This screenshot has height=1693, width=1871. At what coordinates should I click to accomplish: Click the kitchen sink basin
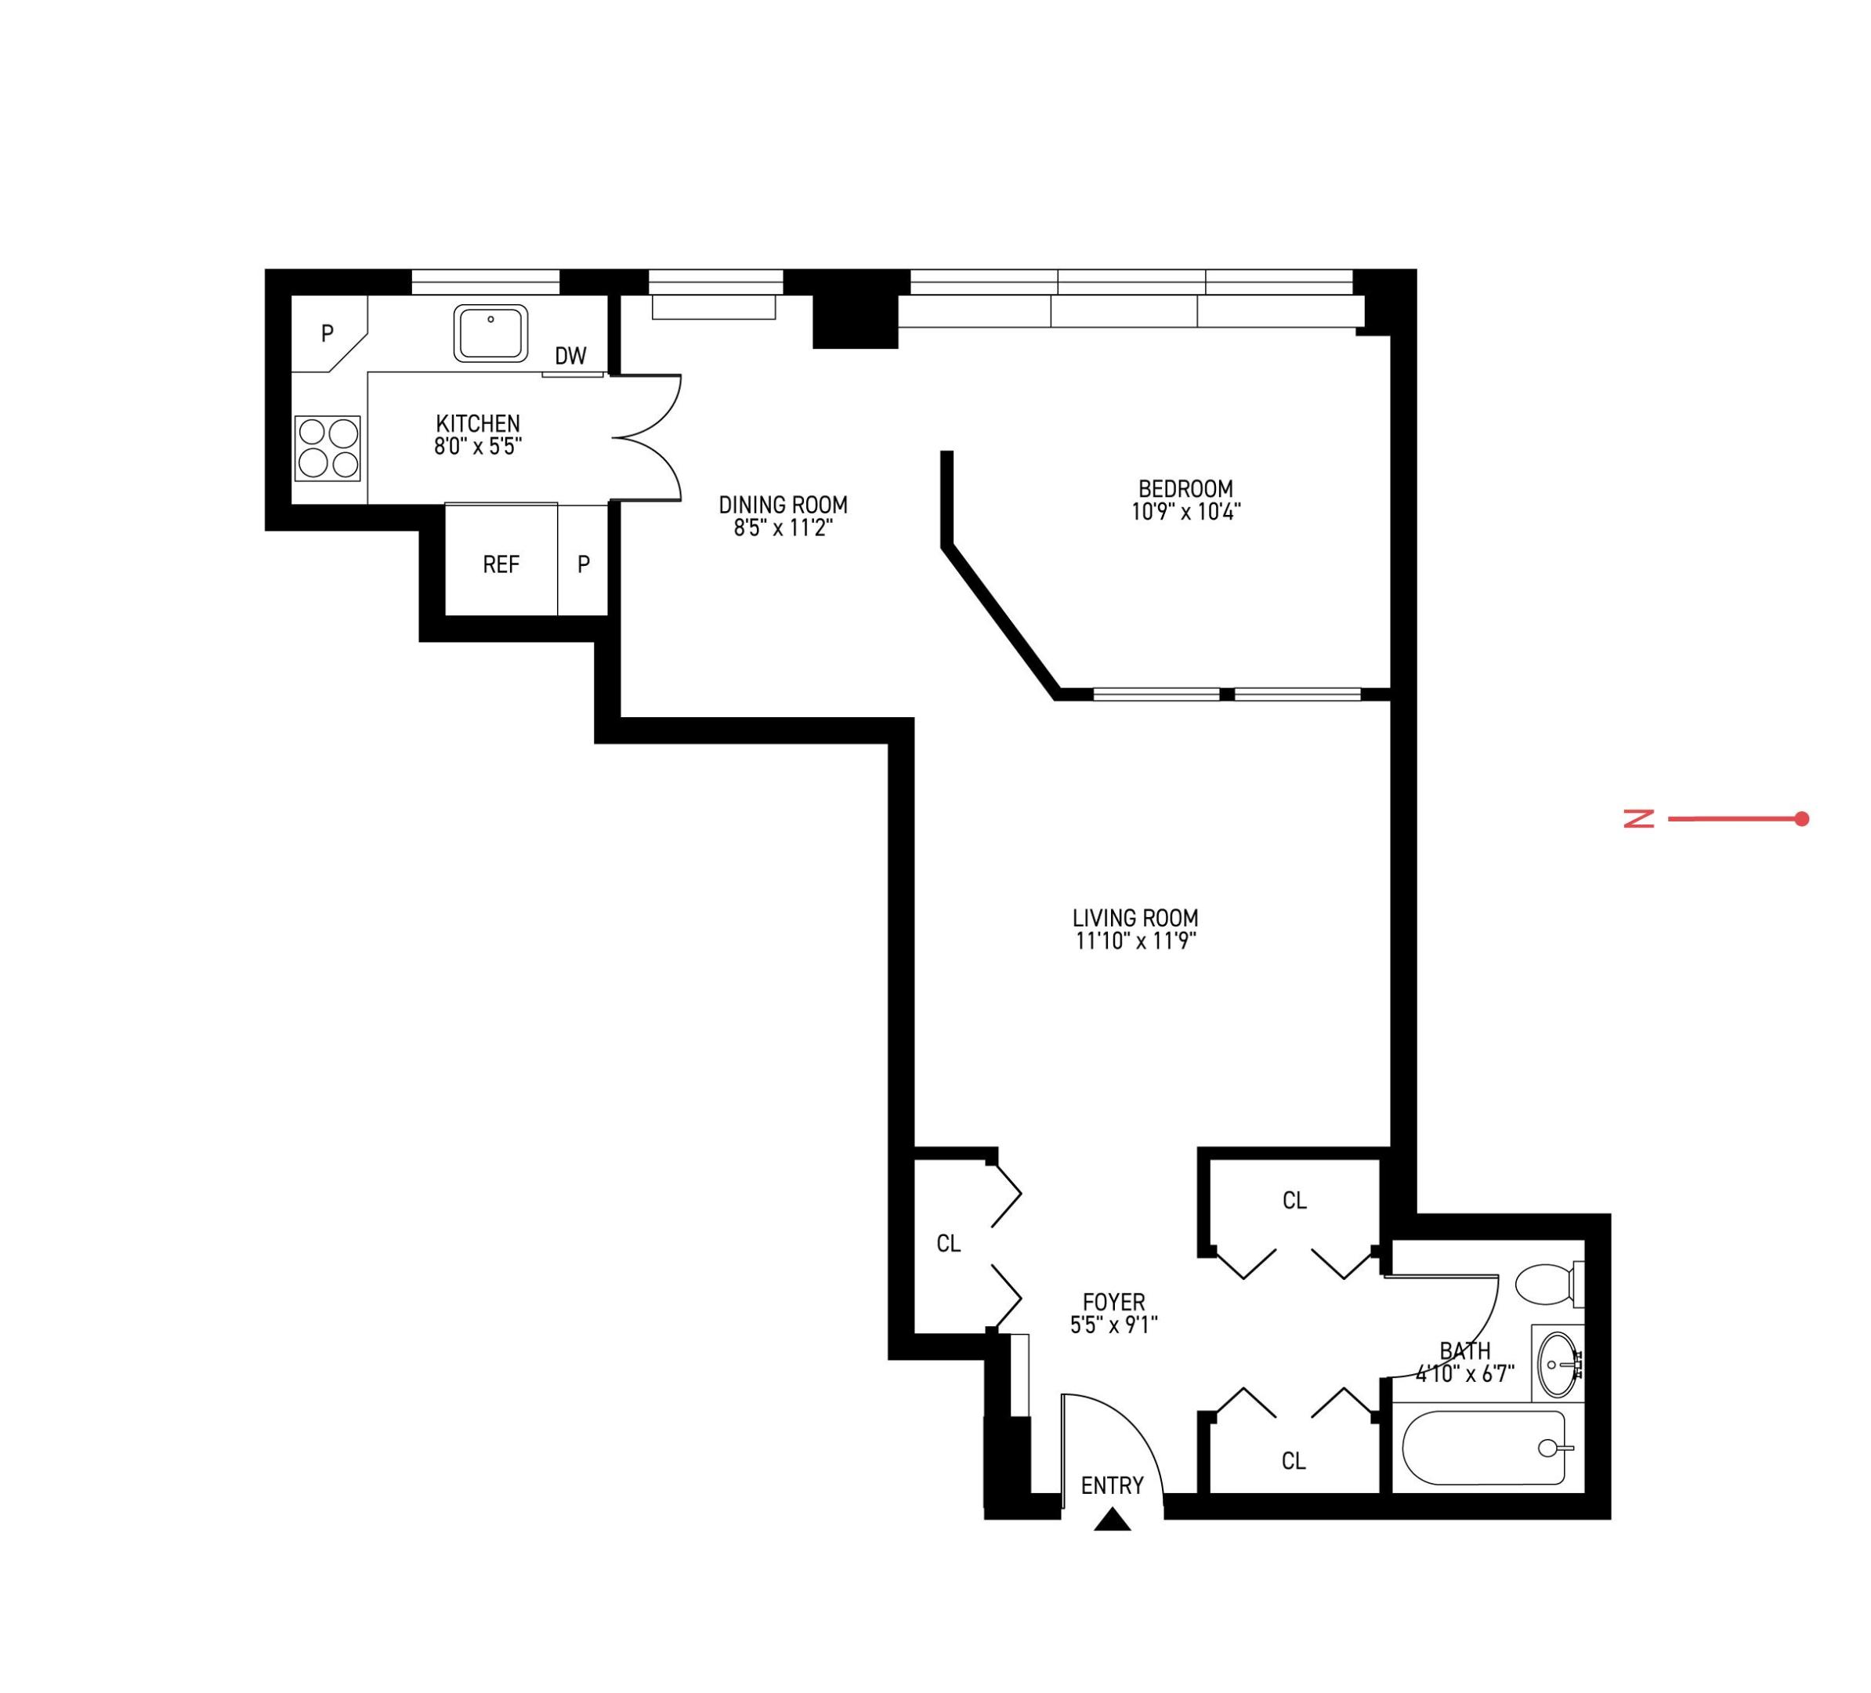coord(491,333)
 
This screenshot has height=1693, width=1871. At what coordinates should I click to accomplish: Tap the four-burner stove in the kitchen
coord(328,448)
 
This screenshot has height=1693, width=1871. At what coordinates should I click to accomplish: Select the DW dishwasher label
coord(570,356)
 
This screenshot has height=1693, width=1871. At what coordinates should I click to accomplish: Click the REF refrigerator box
coord(501,564)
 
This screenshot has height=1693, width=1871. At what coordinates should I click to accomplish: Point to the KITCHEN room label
coord(478,423)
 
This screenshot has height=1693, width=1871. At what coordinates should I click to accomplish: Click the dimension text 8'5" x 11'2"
coord(784,528)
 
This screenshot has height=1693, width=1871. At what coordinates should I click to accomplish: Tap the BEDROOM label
coord(1185,488)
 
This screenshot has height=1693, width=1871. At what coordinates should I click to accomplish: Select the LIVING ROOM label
coord(1135,918)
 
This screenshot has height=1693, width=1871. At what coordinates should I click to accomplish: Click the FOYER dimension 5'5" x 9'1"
coord(1113,1325)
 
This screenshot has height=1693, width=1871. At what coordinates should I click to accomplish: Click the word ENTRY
coord(1112,1486)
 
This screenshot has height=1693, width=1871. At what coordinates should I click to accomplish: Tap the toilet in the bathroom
coord(1547,1285)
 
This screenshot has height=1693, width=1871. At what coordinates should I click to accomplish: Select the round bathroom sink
coord(1558,1365)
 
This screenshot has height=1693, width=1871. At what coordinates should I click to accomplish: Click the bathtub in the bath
coord(1483,1449)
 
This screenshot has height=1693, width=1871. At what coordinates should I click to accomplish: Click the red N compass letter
coord(1639,818)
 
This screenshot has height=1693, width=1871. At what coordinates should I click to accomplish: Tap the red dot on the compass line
coord(1801,818)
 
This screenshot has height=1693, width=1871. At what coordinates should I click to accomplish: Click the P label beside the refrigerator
coord(584,564)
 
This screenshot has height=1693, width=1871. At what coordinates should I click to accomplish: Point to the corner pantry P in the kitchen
coord(327,332)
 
